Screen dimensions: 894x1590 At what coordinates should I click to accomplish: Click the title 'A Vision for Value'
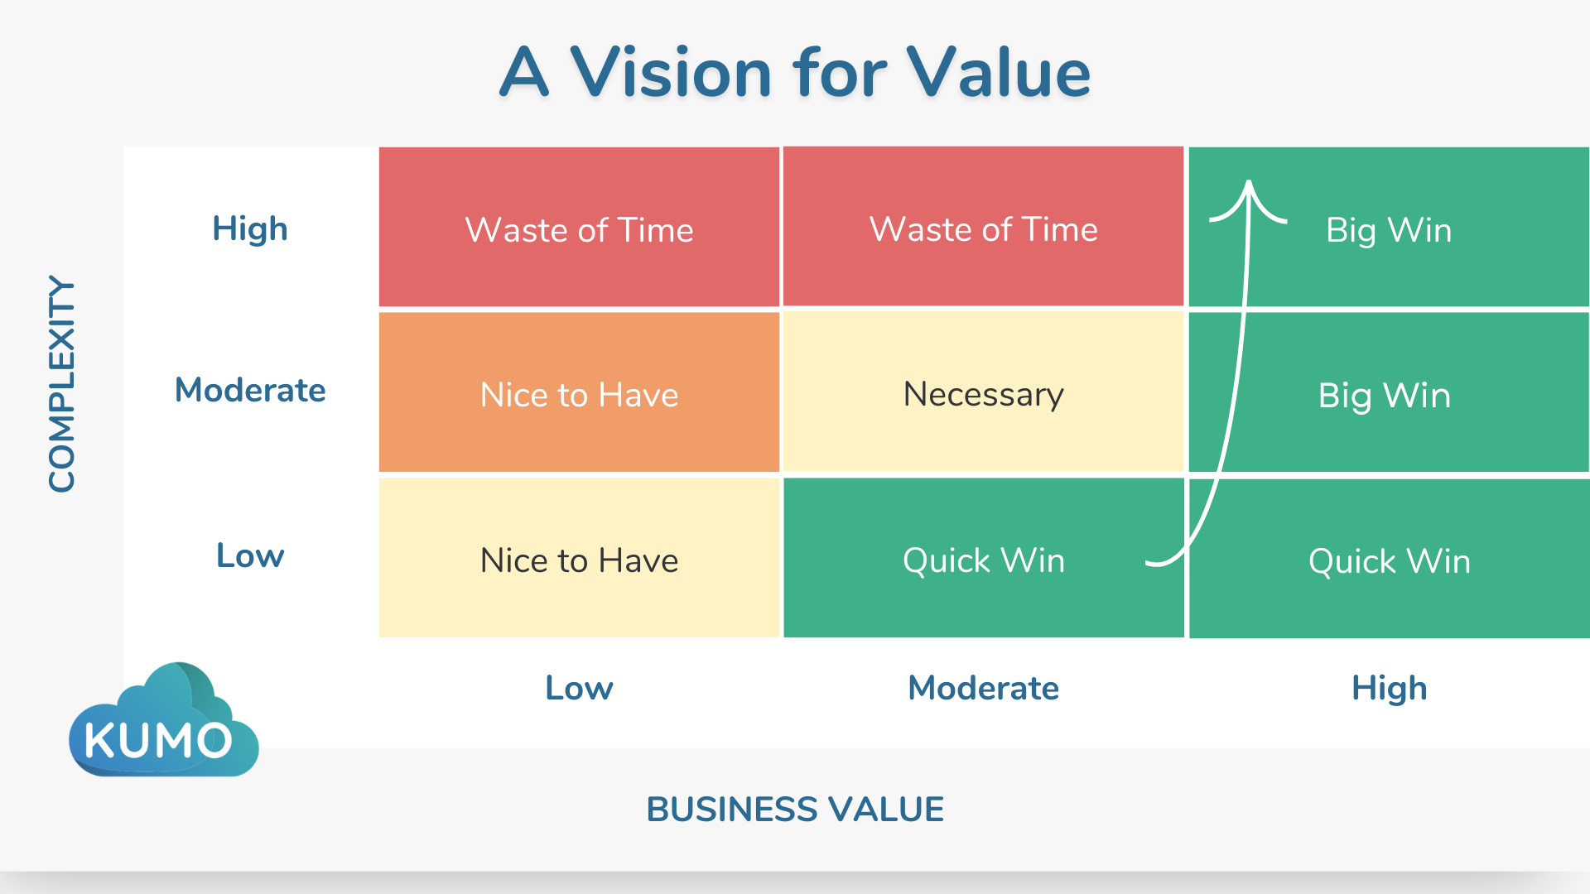(795, 73)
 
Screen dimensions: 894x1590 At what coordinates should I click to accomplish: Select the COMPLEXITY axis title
(62, 383)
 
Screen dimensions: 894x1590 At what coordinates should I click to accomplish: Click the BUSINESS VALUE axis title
(795, 809)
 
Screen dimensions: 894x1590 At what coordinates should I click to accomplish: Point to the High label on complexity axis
(250, 228)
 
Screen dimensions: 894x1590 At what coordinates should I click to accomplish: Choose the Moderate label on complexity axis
(250, 390)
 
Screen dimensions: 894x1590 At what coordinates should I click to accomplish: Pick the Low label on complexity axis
(250, 555)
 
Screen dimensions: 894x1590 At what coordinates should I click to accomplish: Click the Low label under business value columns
(579, 688)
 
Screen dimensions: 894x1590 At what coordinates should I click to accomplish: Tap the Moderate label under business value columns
(983, 688)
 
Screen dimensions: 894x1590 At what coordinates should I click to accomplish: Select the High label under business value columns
(1389, 688)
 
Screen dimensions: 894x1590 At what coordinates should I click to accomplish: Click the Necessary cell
(983, 394)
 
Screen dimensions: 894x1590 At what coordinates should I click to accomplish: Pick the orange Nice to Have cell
(579, 395)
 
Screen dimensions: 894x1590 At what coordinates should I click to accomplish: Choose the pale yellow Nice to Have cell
(579, 560)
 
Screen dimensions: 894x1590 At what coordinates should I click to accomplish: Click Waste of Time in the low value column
(579, 229)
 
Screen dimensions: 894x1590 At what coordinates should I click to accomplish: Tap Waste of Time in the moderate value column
(983, 229)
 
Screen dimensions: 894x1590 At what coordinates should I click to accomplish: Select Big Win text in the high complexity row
(1389, 230)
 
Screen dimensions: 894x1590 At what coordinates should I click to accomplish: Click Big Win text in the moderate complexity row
(1384, 396)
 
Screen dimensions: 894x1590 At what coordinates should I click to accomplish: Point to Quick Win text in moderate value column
(983, 560)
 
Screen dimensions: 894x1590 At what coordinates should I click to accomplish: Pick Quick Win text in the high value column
(1389, 561)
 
